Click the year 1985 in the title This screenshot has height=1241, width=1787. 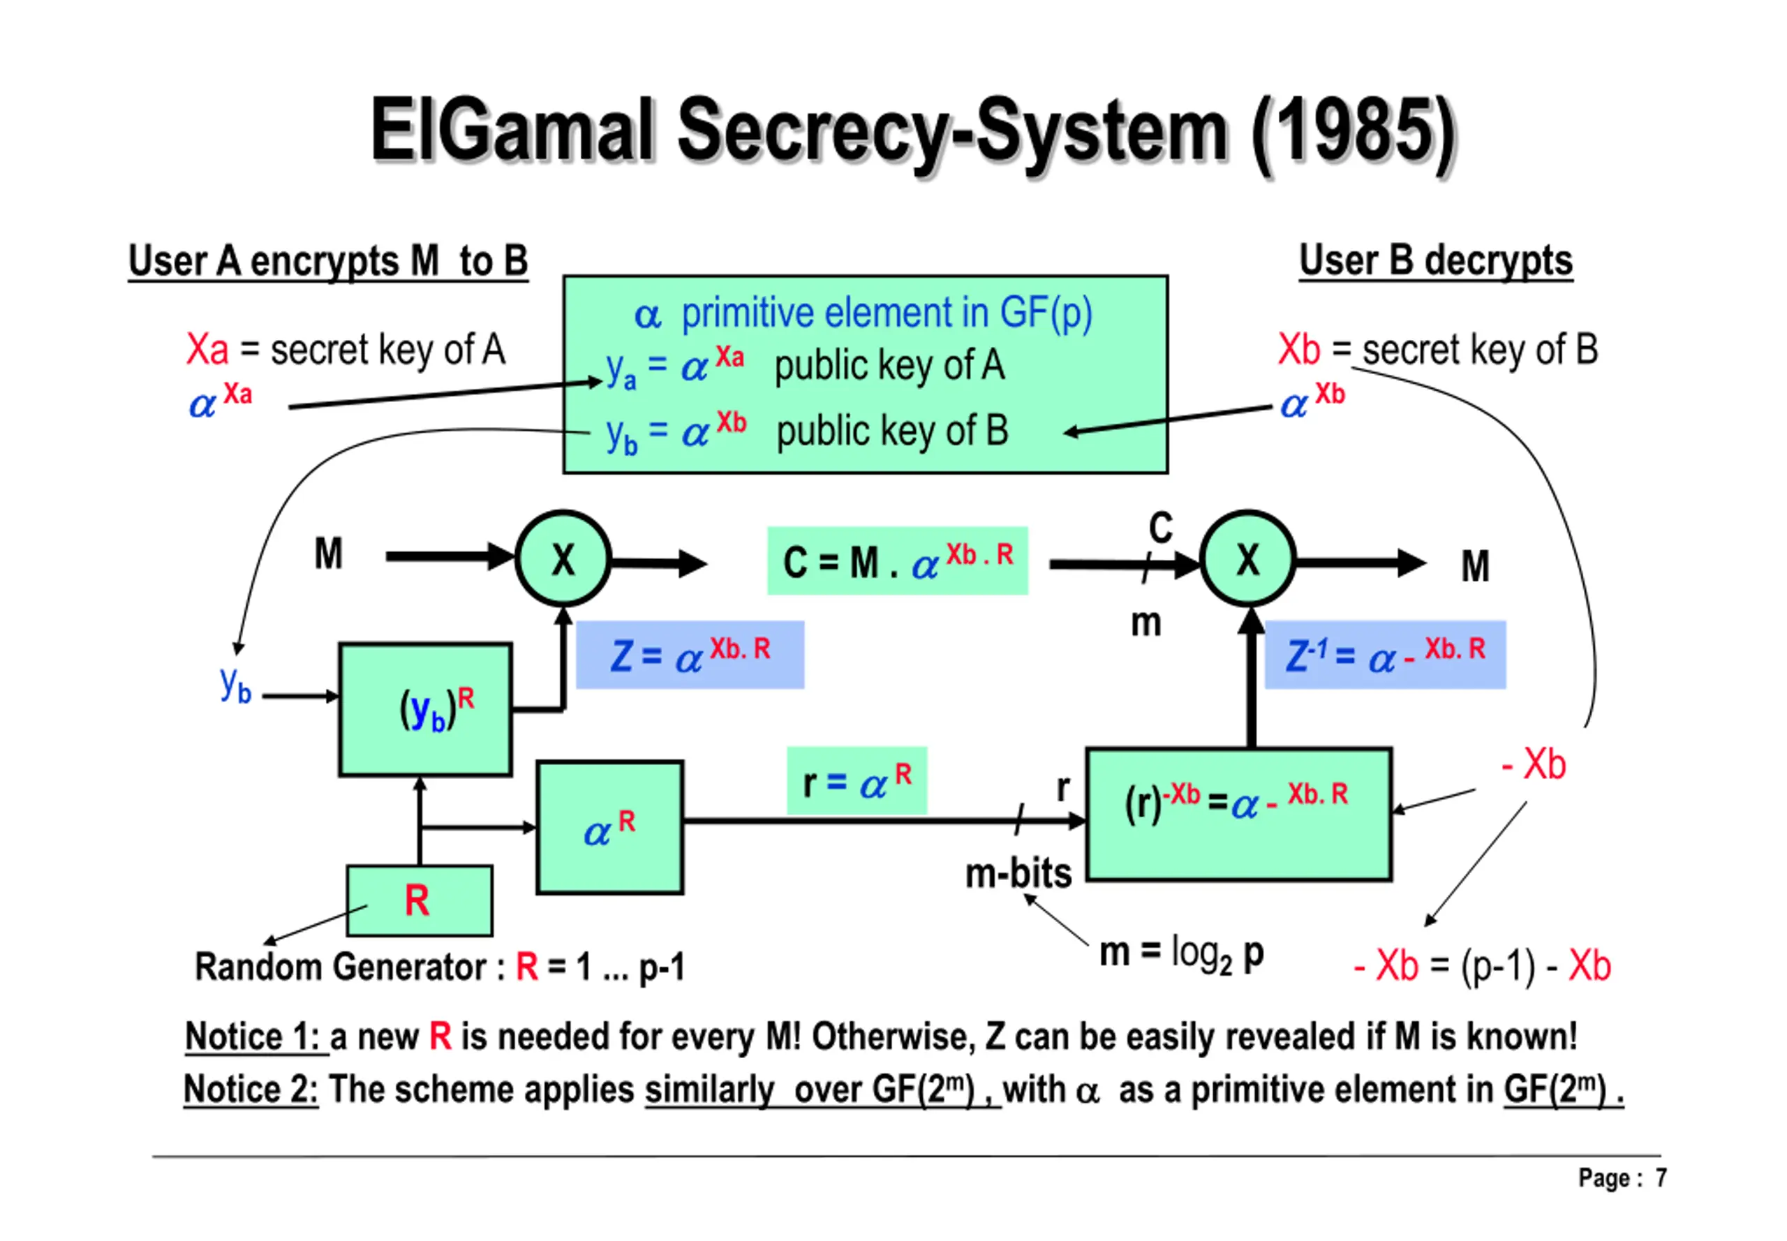(x=1354, y=130)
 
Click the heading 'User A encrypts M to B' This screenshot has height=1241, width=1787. (x=328, y=260)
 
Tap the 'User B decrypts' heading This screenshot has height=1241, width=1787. (x=1435, y=260)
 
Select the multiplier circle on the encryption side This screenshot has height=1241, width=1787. (x=563, y=558)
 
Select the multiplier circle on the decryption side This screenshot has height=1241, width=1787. (x=1247, y=558)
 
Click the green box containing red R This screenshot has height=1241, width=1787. (x=419, y=900)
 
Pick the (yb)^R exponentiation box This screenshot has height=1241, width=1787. (x=425, y=709)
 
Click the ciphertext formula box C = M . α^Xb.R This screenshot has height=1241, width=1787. (x=898, y=560)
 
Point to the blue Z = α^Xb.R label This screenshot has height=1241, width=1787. (x=690, y=655)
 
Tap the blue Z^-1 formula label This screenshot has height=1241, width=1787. (x=1385, y=655)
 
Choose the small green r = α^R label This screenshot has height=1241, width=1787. (x=857, y=780)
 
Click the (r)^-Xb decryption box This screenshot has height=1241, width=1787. (x=1239, y=814)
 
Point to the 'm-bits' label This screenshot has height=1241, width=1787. (x=1018, y=873)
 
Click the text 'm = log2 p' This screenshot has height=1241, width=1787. (x=1181, y=954)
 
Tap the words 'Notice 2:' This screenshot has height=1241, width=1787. (x=251, y=1090)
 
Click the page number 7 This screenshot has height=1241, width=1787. (x=1661, y=1178)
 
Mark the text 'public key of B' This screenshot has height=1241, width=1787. (x=892, y=431)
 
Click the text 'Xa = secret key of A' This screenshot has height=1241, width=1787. (x=346, y=349)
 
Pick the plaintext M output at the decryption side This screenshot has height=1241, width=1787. (x=1475, y=566)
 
